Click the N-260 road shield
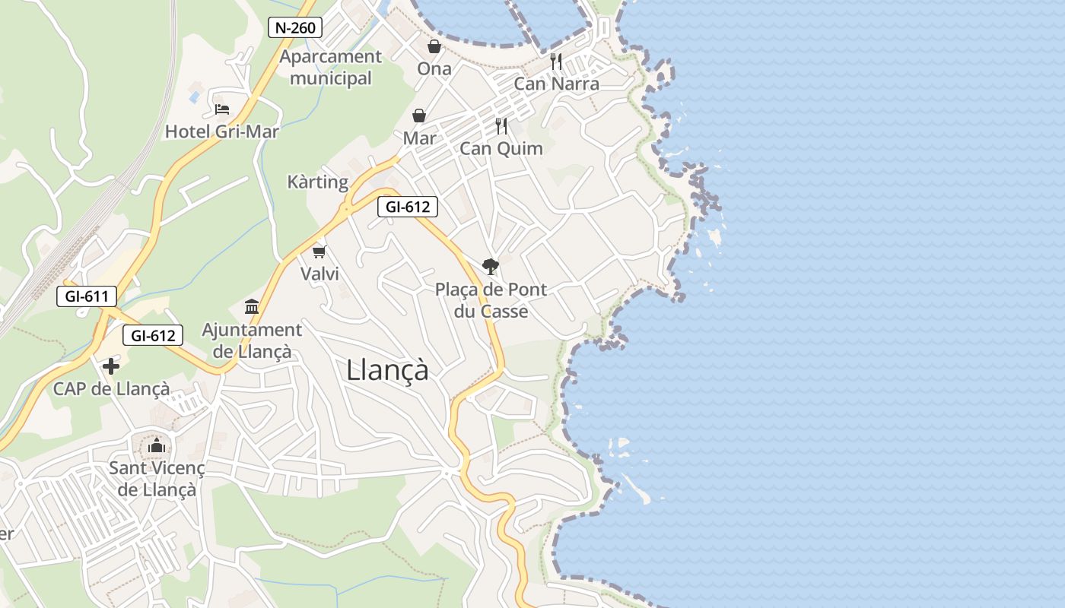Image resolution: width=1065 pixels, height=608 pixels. (x=295, y=28)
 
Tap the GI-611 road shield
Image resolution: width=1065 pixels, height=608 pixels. (x=87, y=296)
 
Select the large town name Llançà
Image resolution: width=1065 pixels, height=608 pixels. (x=387, y=370)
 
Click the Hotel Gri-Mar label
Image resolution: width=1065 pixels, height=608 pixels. (x=222, y=131)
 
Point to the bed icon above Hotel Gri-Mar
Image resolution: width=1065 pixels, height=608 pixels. (x=222, y=109)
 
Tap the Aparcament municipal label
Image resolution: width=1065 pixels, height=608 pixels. (x=331, y=67)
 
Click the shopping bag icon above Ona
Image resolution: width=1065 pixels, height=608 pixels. (x=434, y=47)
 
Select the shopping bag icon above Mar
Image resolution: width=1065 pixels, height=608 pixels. (x=419, y=116)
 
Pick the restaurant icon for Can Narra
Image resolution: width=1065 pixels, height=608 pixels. (x=556, y=61)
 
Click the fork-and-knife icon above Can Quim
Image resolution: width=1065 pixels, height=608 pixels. (x=501, y=126)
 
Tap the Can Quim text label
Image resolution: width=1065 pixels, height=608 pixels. (x=501, y=148)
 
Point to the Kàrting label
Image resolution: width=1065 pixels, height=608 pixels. (x=318, y=182)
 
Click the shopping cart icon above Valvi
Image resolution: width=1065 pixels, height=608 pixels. (x=319, y=252)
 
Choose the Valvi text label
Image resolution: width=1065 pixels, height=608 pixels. (x=320, y=274)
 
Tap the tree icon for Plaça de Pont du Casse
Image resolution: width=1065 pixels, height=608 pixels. (x=491, y=266)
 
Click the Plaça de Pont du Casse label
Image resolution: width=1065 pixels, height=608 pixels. (x=491, y=300)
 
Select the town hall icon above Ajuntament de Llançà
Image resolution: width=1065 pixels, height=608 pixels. (x=252, y=307)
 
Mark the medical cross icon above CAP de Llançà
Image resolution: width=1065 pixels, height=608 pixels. (x=111, y=367)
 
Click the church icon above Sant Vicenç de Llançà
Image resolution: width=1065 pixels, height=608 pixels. (x=157, y=445)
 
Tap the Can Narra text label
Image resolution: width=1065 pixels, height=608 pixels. (x=557, y=84)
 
